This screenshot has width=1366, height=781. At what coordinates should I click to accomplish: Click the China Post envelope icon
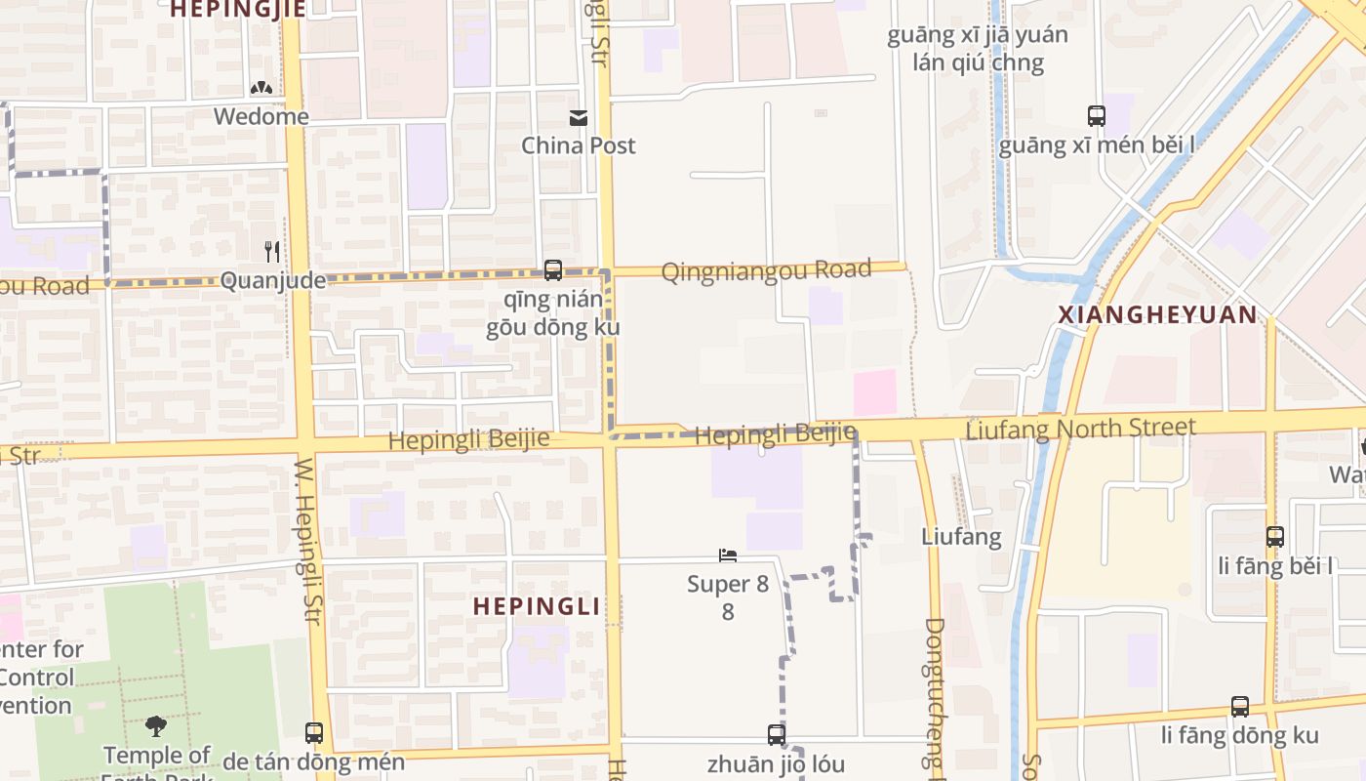point(579,118)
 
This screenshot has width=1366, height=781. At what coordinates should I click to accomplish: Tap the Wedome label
point(261,116)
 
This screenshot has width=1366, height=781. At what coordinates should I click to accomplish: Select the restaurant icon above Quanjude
point(272,252)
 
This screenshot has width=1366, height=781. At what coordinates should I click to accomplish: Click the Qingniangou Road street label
point(766,270)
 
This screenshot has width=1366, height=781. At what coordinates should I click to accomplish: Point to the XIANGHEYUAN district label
point(1158,314)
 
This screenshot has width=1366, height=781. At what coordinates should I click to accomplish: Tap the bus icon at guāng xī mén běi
point(1097,116)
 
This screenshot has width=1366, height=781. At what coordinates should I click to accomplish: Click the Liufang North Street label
point(1080,429)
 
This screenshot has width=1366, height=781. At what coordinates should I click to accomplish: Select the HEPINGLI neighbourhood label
point(536,606)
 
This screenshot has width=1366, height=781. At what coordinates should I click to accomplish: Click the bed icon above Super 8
point(728,556)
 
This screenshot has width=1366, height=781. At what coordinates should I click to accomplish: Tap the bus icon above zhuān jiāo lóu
point(777,734)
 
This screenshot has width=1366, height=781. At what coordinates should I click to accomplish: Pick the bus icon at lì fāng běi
point(1275,536)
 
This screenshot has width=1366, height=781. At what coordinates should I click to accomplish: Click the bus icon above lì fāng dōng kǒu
point(1240,706)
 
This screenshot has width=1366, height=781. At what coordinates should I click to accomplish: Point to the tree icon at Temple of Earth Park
point(155,725)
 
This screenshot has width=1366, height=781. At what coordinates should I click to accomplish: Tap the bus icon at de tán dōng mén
point(314,732)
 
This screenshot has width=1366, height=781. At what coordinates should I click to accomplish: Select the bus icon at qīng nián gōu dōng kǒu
point(553,270)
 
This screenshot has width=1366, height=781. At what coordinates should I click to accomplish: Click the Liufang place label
point(961,536)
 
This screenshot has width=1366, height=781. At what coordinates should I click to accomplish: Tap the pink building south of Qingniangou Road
point(875,392)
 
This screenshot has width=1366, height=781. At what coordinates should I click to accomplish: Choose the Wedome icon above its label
point(261,89)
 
